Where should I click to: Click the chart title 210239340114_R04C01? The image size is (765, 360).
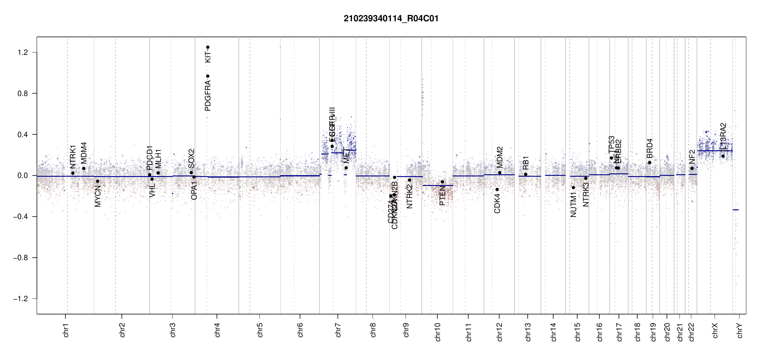(391, 19)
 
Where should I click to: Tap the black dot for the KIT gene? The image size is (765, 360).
(208, 47)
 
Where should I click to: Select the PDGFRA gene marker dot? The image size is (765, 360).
(208, 76)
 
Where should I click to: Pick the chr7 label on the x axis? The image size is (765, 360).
(338, 330)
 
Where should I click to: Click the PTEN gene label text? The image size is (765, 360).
(442, 196)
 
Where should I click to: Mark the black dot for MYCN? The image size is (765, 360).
(97, 181)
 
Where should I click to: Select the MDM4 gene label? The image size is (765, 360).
(84, 153)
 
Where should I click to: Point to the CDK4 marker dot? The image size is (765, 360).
(497, 190)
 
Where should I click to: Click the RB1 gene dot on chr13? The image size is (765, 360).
(526, 174)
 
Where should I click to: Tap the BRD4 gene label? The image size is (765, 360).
(649, 148)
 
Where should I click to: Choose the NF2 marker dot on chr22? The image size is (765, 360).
(692, 168)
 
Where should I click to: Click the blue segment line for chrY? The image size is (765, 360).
(736, 210)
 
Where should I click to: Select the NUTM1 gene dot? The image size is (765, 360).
(573, 187)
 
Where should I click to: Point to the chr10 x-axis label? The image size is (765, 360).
(438, 332)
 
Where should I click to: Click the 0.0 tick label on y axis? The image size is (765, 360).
(23, 175)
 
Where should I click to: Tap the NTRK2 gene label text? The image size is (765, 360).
(409, 196)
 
